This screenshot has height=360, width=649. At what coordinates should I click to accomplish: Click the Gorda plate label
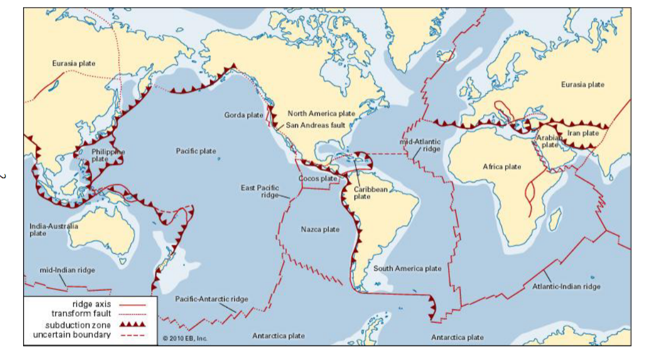pos(243,114)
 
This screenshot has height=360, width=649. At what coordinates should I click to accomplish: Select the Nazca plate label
pos(320,229)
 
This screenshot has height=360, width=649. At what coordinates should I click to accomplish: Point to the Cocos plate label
pos(318,179)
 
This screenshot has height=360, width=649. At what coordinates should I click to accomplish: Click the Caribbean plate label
pos(370,193)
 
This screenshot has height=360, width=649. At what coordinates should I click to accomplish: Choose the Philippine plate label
pos(108,155)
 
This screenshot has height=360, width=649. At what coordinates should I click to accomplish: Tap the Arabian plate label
pos(548,141)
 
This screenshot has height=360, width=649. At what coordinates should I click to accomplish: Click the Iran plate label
pos(583,133)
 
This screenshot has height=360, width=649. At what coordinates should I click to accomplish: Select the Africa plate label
pos(501,167)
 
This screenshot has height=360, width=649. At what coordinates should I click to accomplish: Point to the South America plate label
pos(407,268)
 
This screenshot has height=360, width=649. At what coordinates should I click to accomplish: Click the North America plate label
pos(321,113)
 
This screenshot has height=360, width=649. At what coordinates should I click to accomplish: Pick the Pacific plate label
pos(196,151)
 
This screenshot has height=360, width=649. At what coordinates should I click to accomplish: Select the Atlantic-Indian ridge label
pos(566,286)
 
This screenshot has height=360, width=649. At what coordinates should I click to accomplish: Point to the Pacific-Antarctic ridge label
pos(212,299)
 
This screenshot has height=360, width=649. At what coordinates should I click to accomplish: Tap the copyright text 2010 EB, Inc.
pos(185,339)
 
